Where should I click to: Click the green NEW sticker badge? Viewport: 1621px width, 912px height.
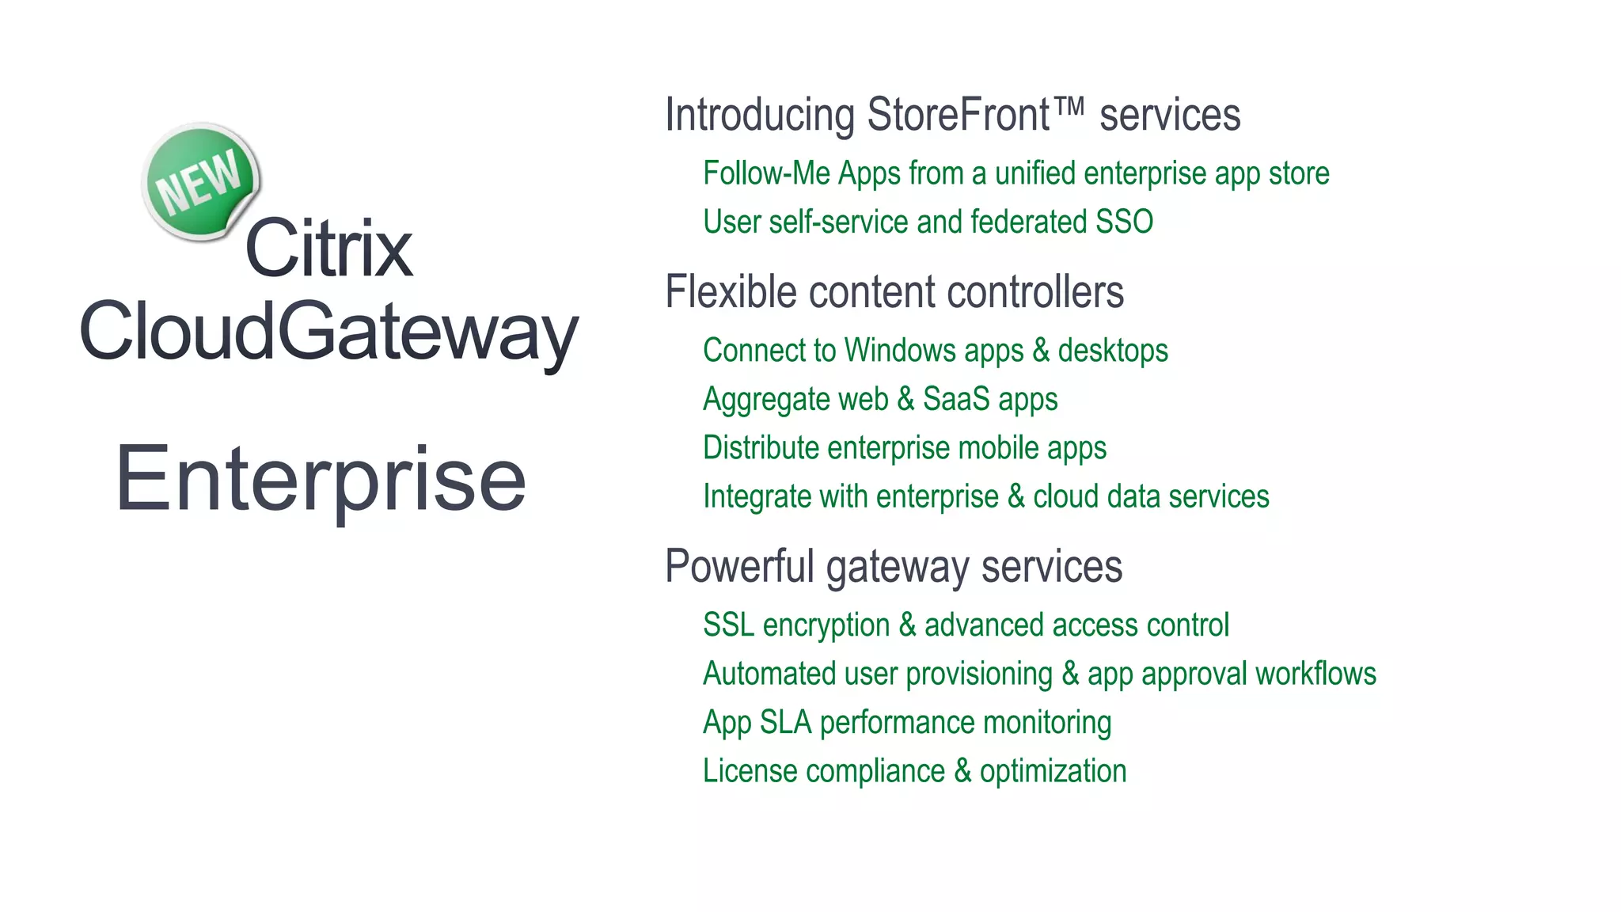(201, 181)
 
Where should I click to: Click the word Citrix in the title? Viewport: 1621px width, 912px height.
(328, 249)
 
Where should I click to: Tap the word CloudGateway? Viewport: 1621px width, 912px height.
(328, 332)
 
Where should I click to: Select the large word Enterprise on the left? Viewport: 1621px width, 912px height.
(321, 479)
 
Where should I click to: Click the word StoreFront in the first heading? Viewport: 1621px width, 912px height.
(959, 115)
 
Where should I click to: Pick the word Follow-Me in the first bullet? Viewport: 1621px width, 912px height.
(766, 173)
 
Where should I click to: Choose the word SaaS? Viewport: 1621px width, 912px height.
(956, 399)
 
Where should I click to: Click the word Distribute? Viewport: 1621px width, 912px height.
(761, 448)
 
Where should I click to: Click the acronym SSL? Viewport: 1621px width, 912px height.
(728, 625)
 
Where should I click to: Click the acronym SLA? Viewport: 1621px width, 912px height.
(785, 722)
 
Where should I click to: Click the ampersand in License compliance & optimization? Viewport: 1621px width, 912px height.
(962, 771)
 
